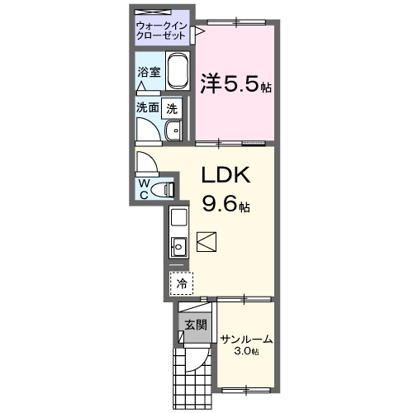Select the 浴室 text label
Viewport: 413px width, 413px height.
[149, 71]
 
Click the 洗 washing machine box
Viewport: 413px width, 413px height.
[171, 107]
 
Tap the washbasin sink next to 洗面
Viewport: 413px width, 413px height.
[174, 131]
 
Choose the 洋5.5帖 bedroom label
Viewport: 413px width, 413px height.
[235, 83]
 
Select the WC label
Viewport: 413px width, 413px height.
[144, 189]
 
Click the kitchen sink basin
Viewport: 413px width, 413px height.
[178, 244]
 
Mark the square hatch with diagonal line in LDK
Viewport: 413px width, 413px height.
[207, 241]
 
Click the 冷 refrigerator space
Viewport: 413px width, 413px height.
[181, 283]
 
